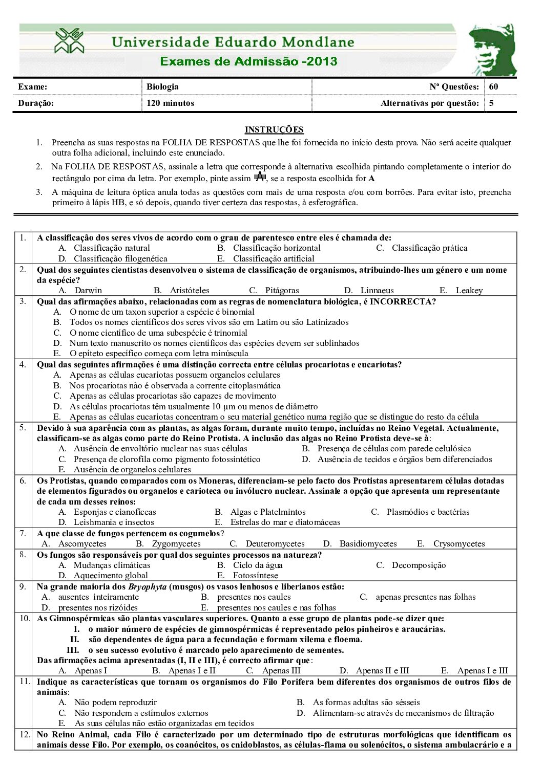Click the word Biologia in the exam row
(x=162, y=86)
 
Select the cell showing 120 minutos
(x=170, y=103)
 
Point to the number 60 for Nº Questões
(x=493, y=86)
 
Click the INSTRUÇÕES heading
(x=274, y=129)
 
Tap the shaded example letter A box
(x=260, y=177)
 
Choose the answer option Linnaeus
(x=377, y=290)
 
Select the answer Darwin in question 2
(x=88, y=290)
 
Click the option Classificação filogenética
(x=120, y=258)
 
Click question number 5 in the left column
(x=23, y=427)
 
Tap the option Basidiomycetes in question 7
(x=368, y=543)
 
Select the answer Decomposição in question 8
(x=419, y=565)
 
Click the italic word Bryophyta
(x=147, y=586)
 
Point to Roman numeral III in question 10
(x=73, y=650)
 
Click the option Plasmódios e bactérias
(x=428, y=512)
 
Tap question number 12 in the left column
(x=25, y=734)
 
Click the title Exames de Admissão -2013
(x=248, y=61)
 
